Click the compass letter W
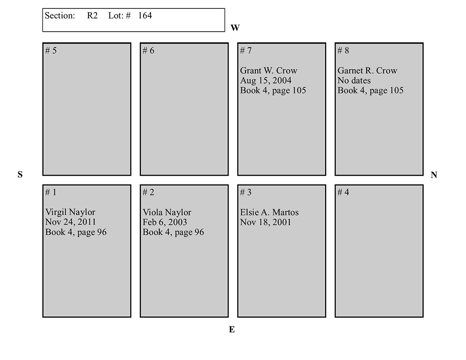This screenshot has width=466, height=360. [235, 27]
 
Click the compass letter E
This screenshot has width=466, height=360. [232, 329]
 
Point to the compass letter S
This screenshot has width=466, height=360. [20, 174]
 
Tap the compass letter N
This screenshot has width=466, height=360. [434, 175]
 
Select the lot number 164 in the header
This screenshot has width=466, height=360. [145, 15]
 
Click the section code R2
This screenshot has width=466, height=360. [92, 15]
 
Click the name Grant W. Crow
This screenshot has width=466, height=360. [269, 70]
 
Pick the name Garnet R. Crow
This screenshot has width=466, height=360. [367, 70]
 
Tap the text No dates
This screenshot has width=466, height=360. [354, 81]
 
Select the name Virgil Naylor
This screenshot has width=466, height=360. [70, 212]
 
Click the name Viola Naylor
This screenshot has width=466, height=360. [167, 212]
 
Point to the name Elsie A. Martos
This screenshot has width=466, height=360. [269, 212]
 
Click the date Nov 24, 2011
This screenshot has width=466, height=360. [71, 222]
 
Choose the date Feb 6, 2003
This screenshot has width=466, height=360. [165, 222]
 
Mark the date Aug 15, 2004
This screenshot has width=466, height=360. [266, 81]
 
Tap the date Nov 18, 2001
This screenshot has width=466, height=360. [266, 222]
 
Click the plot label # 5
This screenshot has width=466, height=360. [51, 50]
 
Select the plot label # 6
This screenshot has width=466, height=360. [148, 50]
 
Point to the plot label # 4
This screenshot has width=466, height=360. [343, 192]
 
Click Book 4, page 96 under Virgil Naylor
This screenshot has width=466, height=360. [76, 232]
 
